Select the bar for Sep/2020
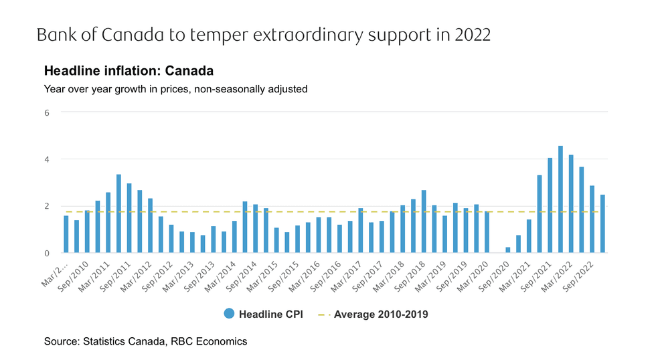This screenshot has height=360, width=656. coord(507,250)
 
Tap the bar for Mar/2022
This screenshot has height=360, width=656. coord(571,203)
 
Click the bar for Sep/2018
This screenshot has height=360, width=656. coord(423,221)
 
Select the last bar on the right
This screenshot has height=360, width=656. coord(602,223)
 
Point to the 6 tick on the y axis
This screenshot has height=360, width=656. coord(47,112)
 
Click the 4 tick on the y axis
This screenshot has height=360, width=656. coord(47,159)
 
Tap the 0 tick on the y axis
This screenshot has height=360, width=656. coord(47,253)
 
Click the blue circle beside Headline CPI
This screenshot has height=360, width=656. coord(229,314)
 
